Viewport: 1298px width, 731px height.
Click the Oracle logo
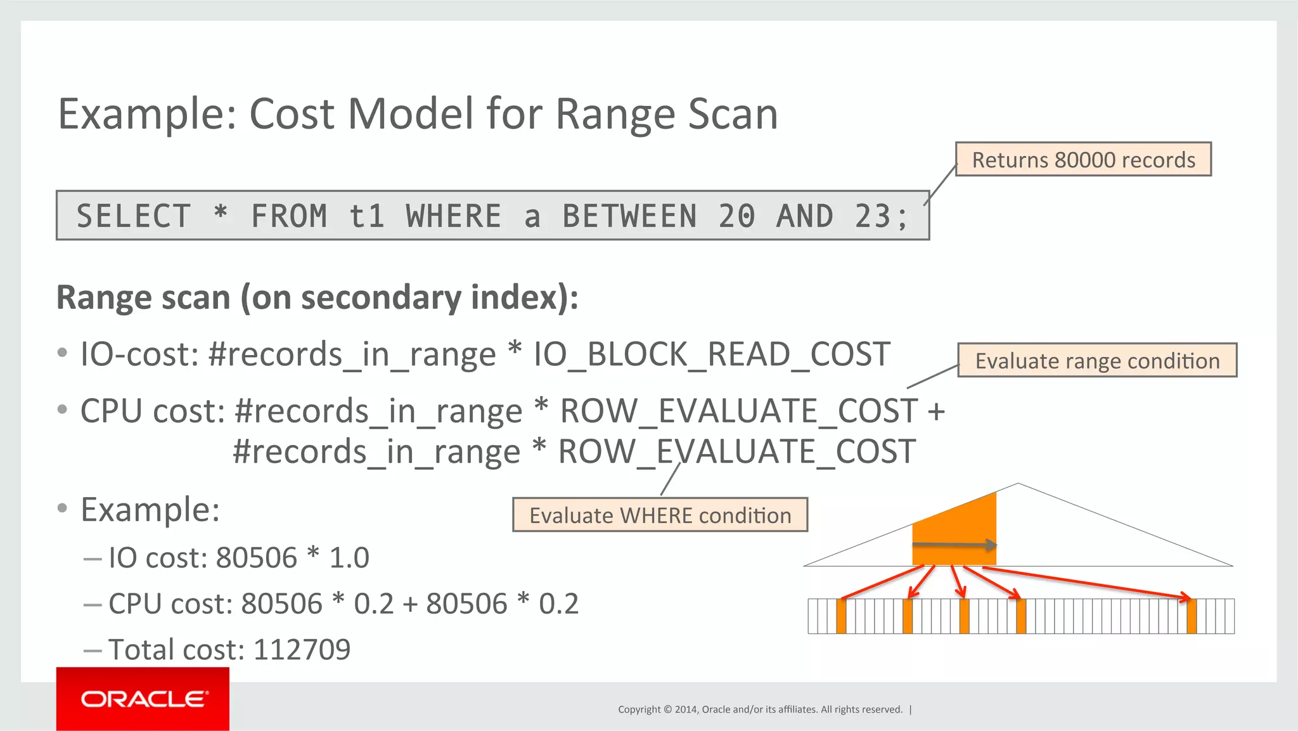click(143, 699)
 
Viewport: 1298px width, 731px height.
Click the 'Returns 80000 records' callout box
click(1083, 159)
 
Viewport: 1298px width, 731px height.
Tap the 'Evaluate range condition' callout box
click(1096, 360)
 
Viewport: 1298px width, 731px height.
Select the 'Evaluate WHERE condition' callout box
click(660, 515)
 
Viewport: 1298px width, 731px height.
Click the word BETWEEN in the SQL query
click(629, 216)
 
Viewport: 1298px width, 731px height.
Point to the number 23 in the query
click(872, 216)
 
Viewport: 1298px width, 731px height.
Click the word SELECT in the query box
click(134, 216)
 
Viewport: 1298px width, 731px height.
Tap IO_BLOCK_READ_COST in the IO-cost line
click(712, 354)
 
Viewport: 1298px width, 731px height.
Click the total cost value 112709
click(302, 649)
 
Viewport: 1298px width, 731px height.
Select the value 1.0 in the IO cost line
click(349, 558)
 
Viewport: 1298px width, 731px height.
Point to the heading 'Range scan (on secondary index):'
click(317, 297)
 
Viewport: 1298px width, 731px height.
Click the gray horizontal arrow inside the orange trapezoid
click(954, 545)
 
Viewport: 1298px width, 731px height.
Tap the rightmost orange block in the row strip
click(1192, 616)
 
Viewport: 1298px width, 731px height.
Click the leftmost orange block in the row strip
click(841, 616)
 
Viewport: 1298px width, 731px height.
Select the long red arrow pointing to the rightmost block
click(1084, 582)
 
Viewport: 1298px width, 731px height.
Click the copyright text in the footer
click(760, 709)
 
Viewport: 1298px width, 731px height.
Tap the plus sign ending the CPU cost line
click(935, 411)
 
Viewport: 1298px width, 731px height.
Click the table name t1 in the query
click(367, 216)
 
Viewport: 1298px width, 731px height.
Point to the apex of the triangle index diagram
click(1018, 484)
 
